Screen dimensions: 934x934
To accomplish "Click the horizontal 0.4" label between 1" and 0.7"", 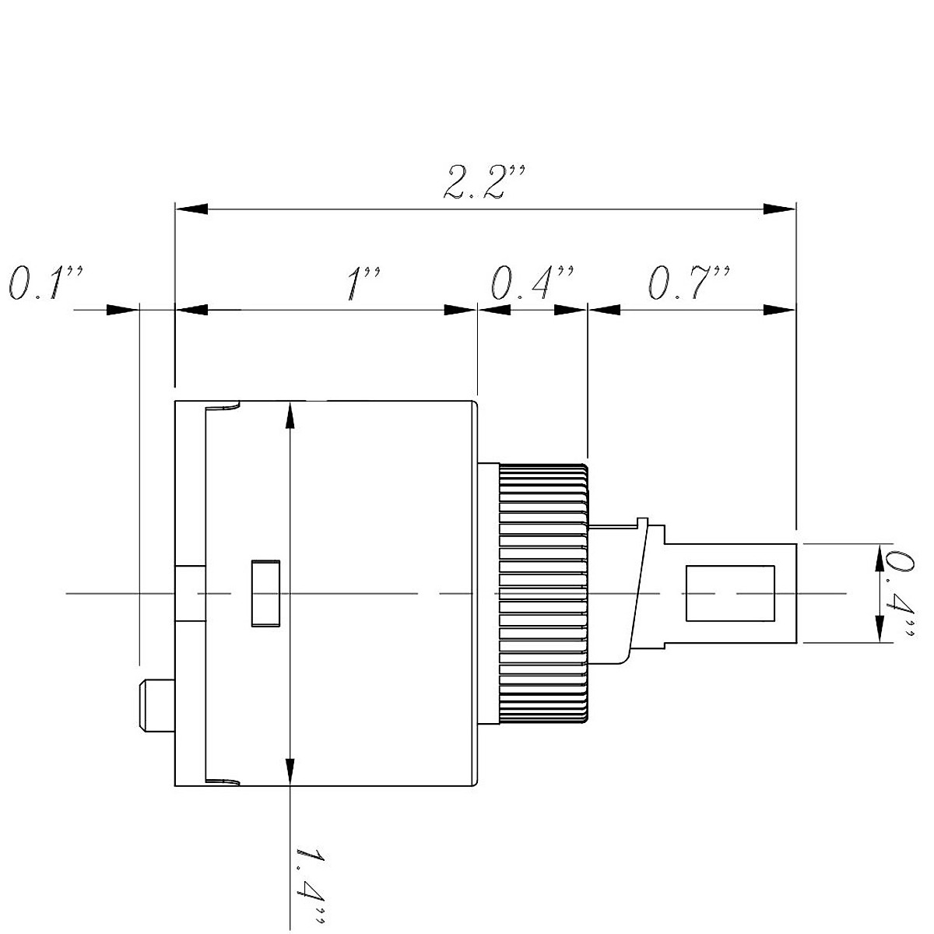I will (x=532, y=283).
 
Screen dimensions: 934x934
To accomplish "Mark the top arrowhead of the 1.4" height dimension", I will (x=290, y=416).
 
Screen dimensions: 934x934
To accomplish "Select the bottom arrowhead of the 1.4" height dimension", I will (x=290, y=771).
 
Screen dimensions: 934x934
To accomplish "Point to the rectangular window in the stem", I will (x=729, y=593).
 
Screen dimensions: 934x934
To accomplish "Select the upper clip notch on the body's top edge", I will (x=223, y=406).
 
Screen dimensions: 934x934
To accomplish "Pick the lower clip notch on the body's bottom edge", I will (x=223, y=780).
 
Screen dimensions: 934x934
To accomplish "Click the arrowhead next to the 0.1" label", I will (x=121, y=310).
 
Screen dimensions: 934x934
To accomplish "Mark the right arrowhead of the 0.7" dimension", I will (x=779, y=310).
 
